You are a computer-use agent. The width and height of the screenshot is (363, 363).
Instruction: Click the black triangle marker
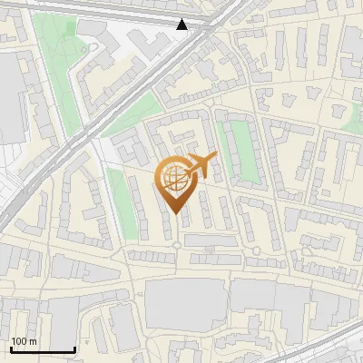[x=182, y=25]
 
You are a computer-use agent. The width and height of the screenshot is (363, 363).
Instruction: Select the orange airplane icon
[x=201, y=166]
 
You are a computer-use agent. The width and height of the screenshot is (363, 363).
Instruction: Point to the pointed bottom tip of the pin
[x=174, y=214]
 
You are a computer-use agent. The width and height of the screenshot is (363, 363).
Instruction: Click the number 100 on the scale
[x=19, y=341]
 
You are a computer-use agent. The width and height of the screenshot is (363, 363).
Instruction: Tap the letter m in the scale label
[x=33, y=341]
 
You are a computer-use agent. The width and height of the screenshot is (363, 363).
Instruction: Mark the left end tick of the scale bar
[x=11, y=349]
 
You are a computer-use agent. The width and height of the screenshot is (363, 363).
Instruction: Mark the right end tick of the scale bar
[x=74, y=349]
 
